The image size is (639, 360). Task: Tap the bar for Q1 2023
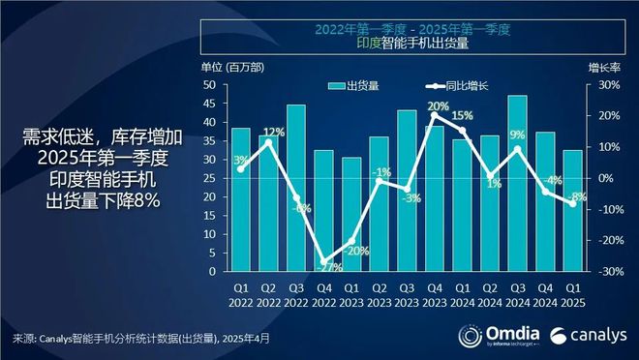(351, 214)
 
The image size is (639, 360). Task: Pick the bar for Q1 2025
(572, 210)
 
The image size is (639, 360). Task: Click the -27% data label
(329, 266)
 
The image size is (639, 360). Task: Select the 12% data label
(273, 133)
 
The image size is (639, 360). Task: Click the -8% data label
(579, 196)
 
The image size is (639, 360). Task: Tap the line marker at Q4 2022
(323, 261)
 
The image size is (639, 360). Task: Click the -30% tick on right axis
(604, 271)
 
